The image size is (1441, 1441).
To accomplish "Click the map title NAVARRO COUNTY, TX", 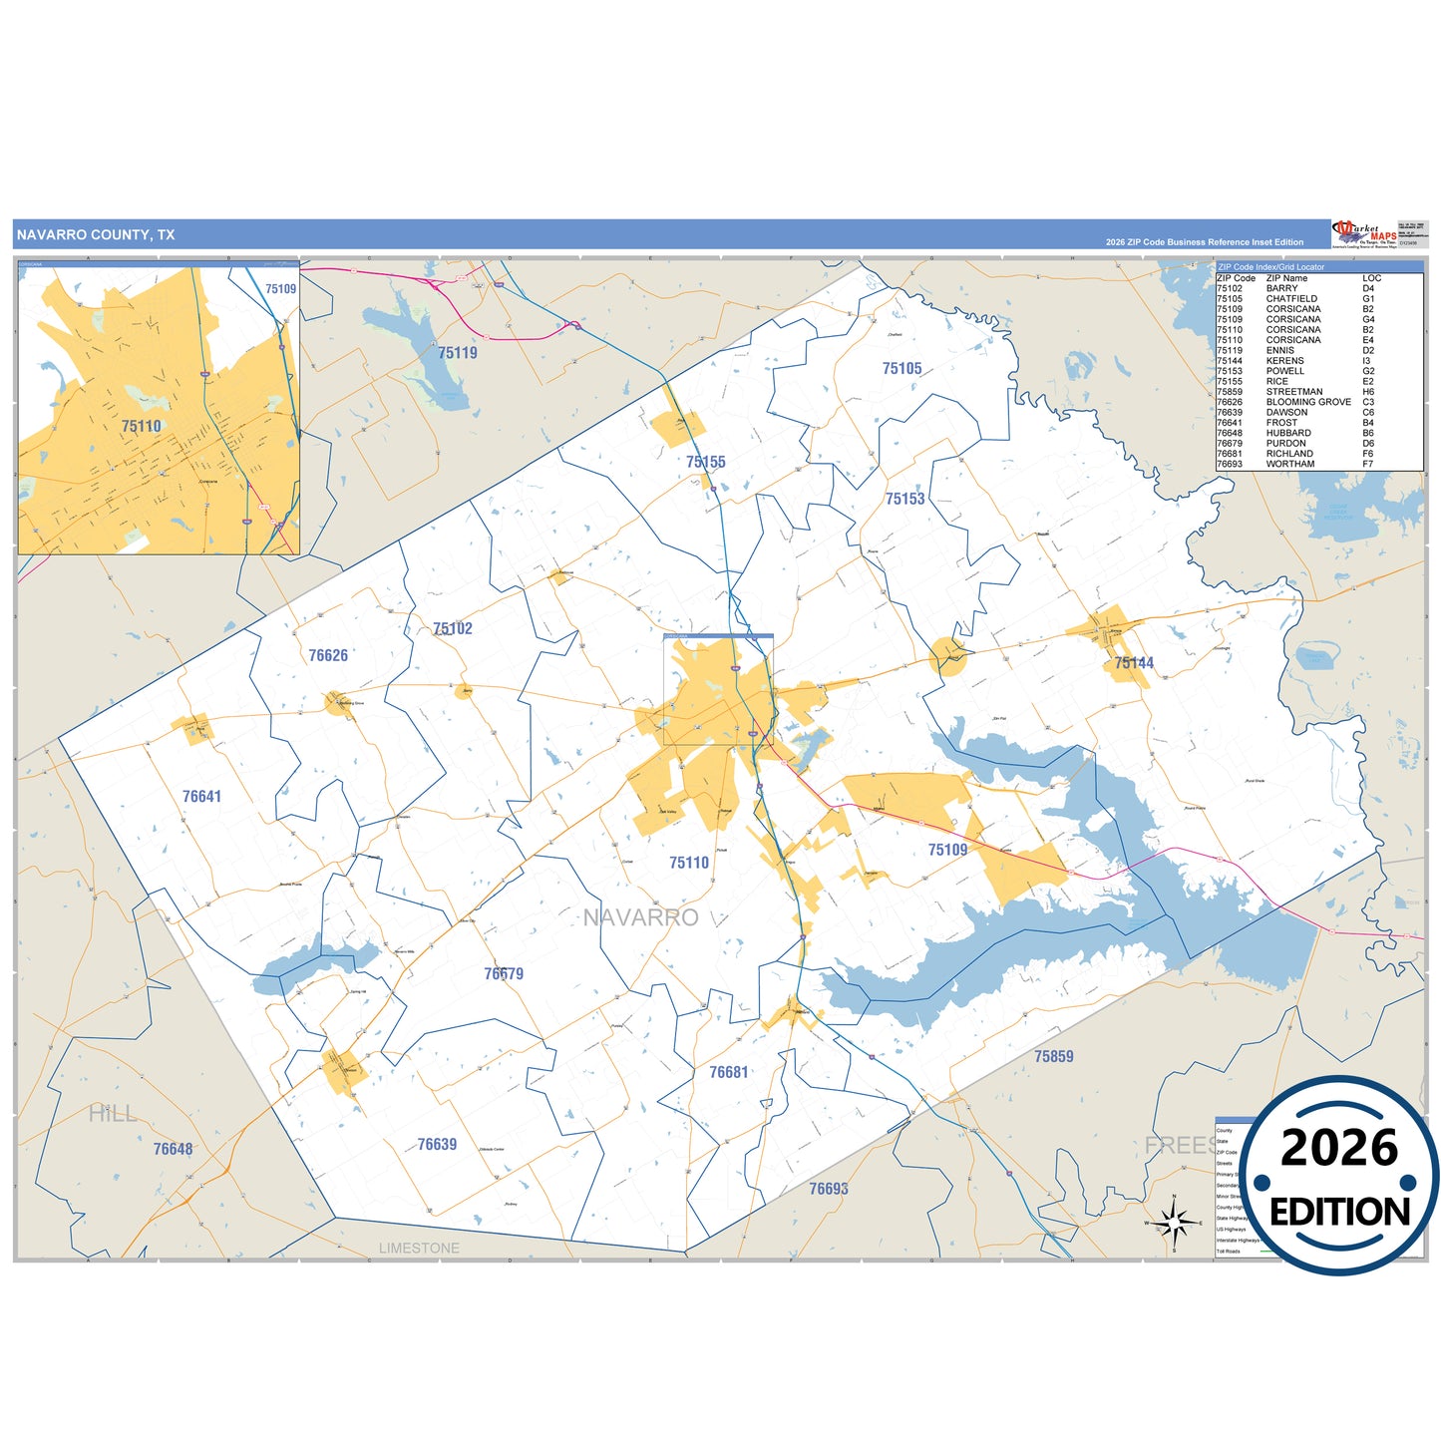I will point(96,235).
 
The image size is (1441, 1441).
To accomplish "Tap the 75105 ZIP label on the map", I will point(901,369).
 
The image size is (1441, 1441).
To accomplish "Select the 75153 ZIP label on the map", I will point(904,499).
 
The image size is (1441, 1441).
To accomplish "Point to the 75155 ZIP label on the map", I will point(705,462).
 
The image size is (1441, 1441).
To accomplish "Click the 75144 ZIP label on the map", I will point(1134,663).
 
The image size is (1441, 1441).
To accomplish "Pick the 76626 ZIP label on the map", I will point(328,655).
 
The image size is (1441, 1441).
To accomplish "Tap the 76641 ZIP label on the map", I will point(201,796).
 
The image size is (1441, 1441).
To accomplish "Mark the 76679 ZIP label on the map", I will point(504,973).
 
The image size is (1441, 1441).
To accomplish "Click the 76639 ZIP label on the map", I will point(437,1144).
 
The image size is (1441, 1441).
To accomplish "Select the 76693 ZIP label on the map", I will point(828,1188).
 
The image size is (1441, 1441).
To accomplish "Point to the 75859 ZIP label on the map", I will point(1053,1056).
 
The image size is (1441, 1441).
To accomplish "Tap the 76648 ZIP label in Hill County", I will point(173,1149).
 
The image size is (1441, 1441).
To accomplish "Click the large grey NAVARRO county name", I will point(640,917).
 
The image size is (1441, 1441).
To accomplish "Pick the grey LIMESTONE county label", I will point(419,1249).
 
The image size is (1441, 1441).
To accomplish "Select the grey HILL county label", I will point(113,1114).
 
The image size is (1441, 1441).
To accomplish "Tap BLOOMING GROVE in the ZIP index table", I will point(1308,402).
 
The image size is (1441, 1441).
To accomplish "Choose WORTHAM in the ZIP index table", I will point(1289,464).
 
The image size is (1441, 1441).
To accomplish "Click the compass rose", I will point(1175,1222).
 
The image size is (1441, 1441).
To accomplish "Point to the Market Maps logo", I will point(1362,234).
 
